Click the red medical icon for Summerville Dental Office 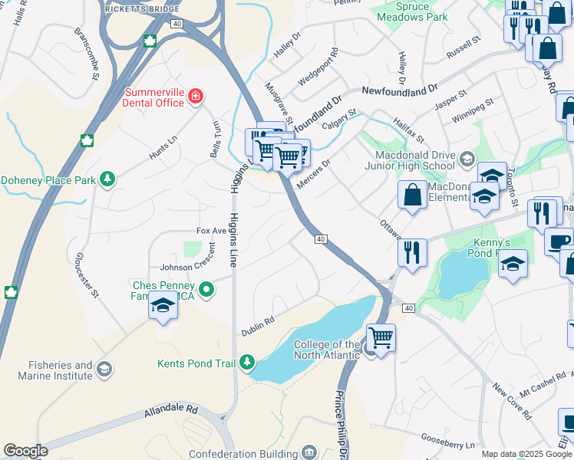click(x=196, y=96)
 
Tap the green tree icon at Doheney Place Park click(x=108, y=179)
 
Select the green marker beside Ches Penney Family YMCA click(x=206, y=290)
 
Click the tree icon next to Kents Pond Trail click(x=247, y=363)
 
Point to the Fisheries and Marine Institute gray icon click(x=104, y=371)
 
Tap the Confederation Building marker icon click(x=309, y=453)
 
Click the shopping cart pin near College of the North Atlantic click(x=380, y=337)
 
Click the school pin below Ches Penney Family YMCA click(x=163, y=306)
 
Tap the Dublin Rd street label click(x=259, y=322)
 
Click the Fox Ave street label click(x=212, y=230)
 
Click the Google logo click(x=25, y=451)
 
